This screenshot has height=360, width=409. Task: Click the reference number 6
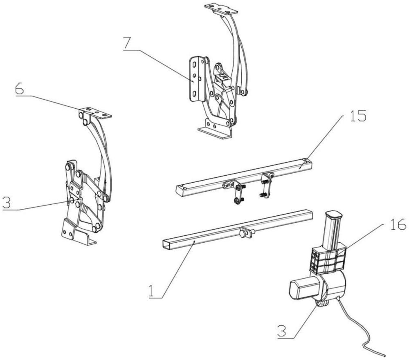[x=19, y=89]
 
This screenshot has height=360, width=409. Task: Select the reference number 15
[x=357, y=116]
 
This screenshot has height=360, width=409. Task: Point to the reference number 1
[x=151, y=291]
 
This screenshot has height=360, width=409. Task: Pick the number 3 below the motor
[x=282, y=331]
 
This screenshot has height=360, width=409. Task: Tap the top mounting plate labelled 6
[x=95, y=112]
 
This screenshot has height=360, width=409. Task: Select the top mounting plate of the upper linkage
[x=221, y=8]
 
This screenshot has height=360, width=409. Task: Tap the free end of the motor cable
[x=385, y=356]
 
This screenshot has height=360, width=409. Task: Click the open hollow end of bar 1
[x=166, y=245]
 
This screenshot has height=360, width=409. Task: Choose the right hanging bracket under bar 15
[x=267, y=184]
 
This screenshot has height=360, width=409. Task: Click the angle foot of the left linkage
[x=78, y=232]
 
